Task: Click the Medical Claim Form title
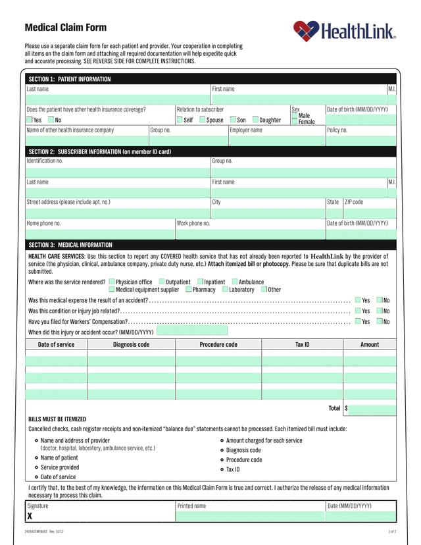click(65, 28)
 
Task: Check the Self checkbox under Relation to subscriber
click(180, 120)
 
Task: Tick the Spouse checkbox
click(203, 120)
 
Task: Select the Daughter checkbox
click(255, 120)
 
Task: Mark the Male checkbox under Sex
click(295, 115)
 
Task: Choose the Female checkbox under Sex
click(295, 122)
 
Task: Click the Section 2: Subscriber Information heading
click(99, 151)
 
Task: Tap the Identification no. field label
click(45, 161)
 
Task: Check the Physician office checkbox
click(111, 282)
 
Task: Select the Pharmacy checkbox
click(188, 290)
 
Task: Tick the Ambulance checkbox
click(234, 282)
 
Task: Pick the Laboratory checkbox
click(225, 290)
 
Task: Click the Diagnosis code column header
click(131, 344)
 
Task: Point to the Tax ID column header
click(302, 344)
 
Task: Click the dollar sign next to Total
click(346, 408)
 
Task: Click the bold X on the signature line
click(30, 516)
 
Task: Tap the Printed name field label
click(191, 506)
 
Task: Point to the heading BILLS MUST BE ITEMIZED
click(57, 419)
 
